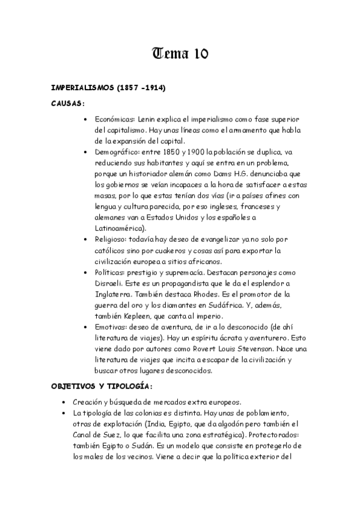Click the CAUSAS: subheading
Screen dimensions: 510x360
pyautogui.click(x=67, y=103)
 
